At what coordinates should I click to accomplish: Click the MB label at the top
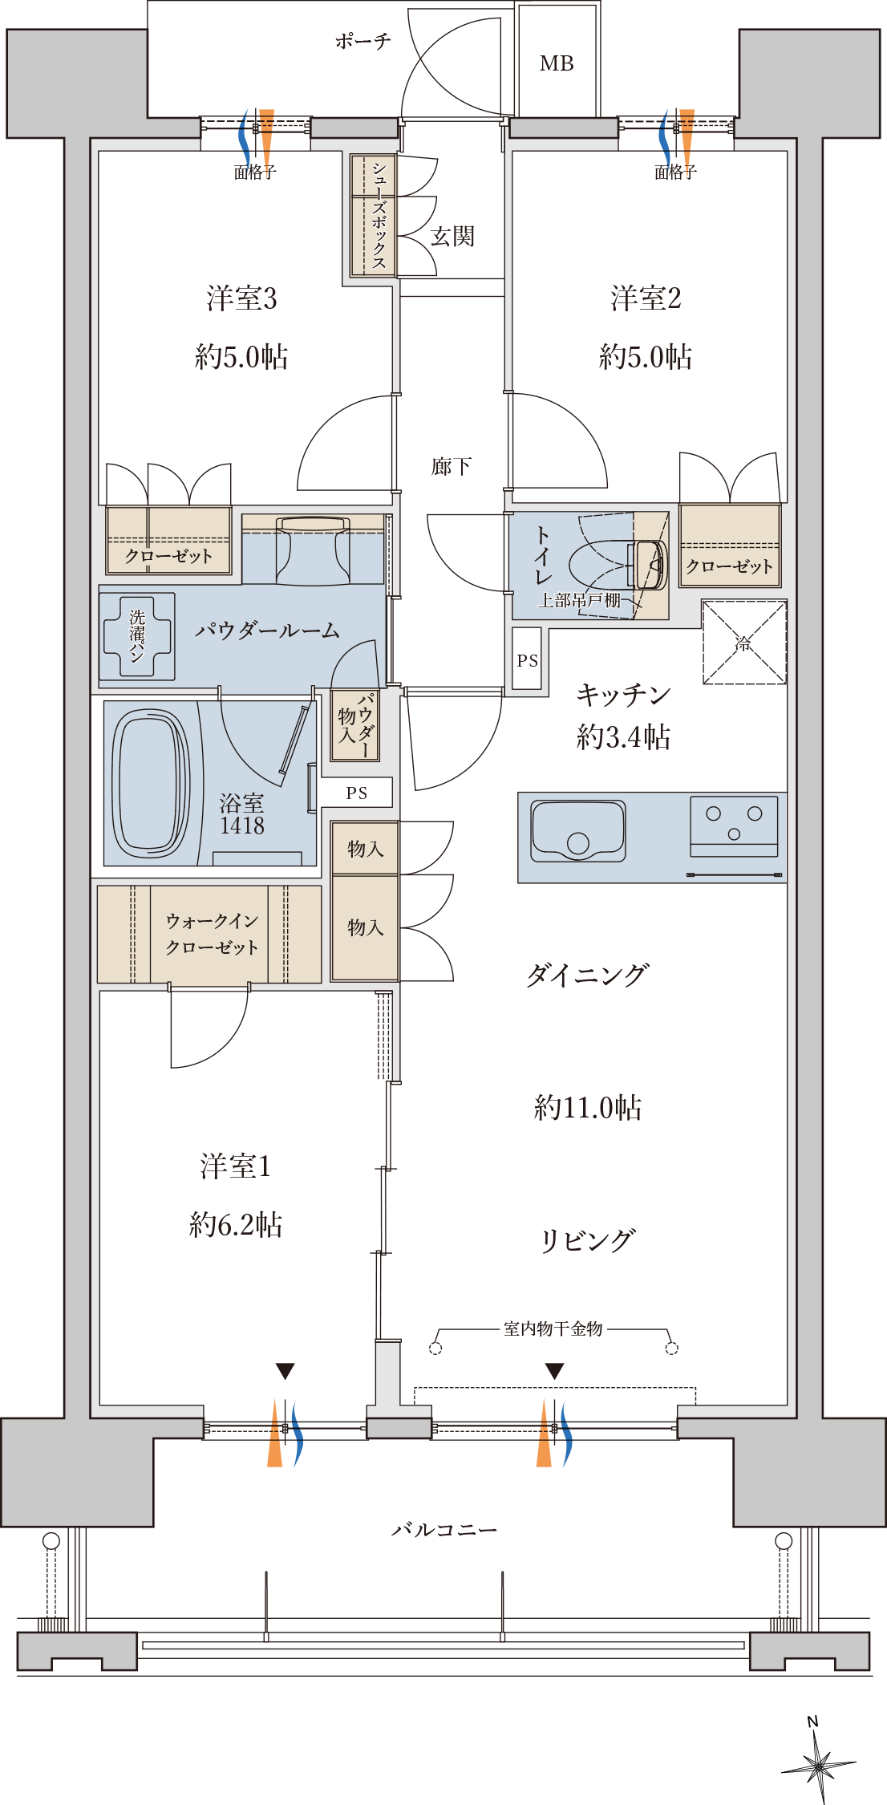(x=557, y=63)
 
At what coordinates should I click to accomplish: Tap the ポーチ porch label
(x=363, y=41)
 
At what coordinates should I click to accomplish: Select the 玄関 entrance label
(x=453, y=236)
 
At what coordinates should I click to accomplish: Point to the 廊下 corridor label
(x=452, y=466)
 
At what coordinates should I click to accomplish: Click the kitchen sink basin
(x=577, y=830)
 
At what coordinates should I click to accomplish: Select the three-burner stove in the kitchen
(x=734, y=826)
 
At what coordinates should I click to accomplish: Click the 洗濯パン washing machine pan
(x=137, y=637)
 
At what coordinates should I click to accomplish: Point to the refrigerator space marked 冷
(x=744, y=642)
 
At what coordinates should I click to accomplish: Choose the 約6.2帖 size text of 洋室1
(x=236, y=1225)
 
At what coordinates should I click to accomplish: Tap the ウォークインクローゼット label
(x=212, y=934)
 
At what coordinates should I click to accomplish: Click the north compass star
(x=819, y=1766)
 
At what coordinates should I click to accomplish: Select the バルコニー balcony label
(x=444, y=1530)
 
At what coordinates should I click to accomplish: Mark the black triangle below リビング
(x=554, y=1371)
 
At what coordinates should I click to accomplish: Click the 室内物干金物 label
(x=553, y=1329)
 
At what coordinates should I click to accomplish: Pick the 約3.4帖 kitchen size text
(x=623, y=736)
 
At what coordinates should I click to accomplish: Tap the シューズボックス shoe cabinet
(x=374, y=216)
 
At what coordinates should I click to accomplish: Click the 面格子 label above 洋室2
(x=675, y=172)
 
